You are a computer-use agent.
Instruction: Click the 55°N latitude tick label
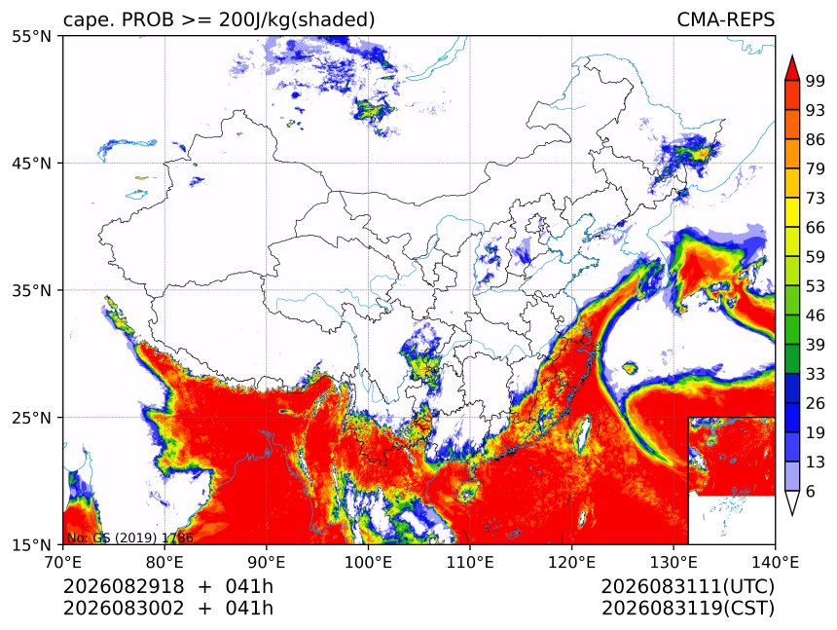point(31,37)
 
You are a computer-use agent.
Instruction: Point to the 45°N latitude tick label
point(31,164)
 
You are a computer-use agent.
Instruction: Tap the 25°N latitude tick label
point(31,418)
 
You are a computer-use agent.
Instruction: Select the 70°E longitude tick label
point(63,562)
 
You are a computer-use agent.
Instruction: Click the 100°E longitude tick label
point(368,562)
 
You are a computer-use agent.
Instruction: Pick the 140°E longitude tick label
point(775,562)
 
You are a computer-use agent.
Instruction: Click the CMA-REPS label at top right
point(725,19)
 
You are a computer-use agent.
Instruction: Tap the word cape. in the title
point(88,20)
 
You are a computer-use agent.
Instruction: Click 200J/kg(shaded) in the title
point(297,20)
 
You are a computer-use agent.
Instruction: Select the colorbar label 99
point(816,81)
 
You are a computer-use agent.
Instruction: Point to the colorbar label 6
point(811,491)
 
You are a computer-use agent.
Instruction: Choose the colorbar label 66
point(816,228)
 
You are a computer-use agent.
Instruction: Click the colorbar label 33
point(816,374)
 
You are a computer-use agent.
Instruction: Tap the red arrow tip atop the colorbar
point(791,56)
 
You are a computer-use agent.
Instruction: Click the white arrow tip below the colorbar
point(791,514)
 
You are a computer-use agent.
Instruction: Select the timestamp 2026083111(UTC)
point(687,586)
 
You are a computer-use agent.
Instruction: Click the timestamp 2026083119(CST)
point(687,609)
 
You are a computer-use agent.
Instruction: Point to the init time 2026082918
point(124,586)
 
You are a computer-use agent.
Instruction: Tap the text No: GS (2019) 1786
point(129,537)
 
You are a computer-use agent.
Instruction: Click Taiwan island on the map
point(583,433)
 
